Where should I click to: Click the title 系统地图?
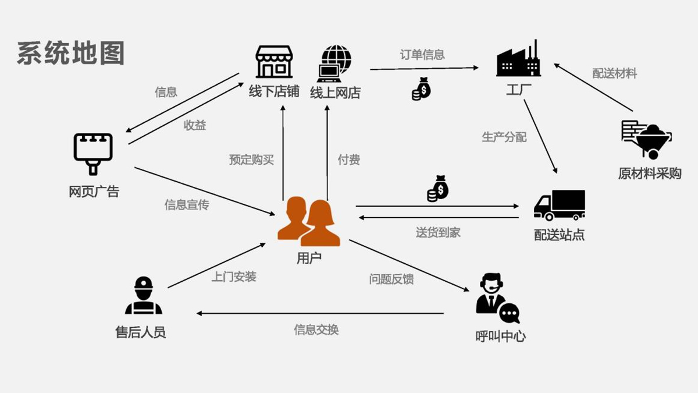click(x=71, y=54)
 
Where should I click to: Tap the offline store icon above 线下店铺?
click(x=274, y=62)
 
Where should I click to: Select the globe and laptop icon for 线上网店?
click(x=335, y=63)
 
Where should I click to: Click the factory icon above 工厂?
click(x=518, y=59)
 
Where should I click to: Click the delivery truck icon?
click(x=559, y=206)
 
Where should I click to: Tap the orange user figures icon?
click(x=309, y=221)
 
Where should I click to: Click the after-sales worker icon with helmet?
click(x=143, y=296)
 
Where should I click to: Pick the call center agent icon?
click(x=497, y=298)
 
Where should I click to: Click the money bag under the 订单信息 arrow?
click(x=421, y=89)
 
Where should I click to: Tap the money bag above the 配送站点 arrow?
click(x=438, y=189)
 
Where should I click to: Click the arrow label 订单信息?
click(x=422, y=55)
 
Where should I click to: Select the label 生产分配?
click(x=504, y=137)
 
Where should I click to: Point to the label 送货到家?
click(x=438, y=232)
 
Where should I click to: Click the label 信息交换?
click(x=316, y=330)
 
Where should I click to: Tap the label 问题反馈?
click(x=391, y=279)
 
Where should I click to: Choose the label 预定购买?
click(x=251, y=159)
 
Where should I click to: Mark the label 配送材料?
click(x=614, y=73)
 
